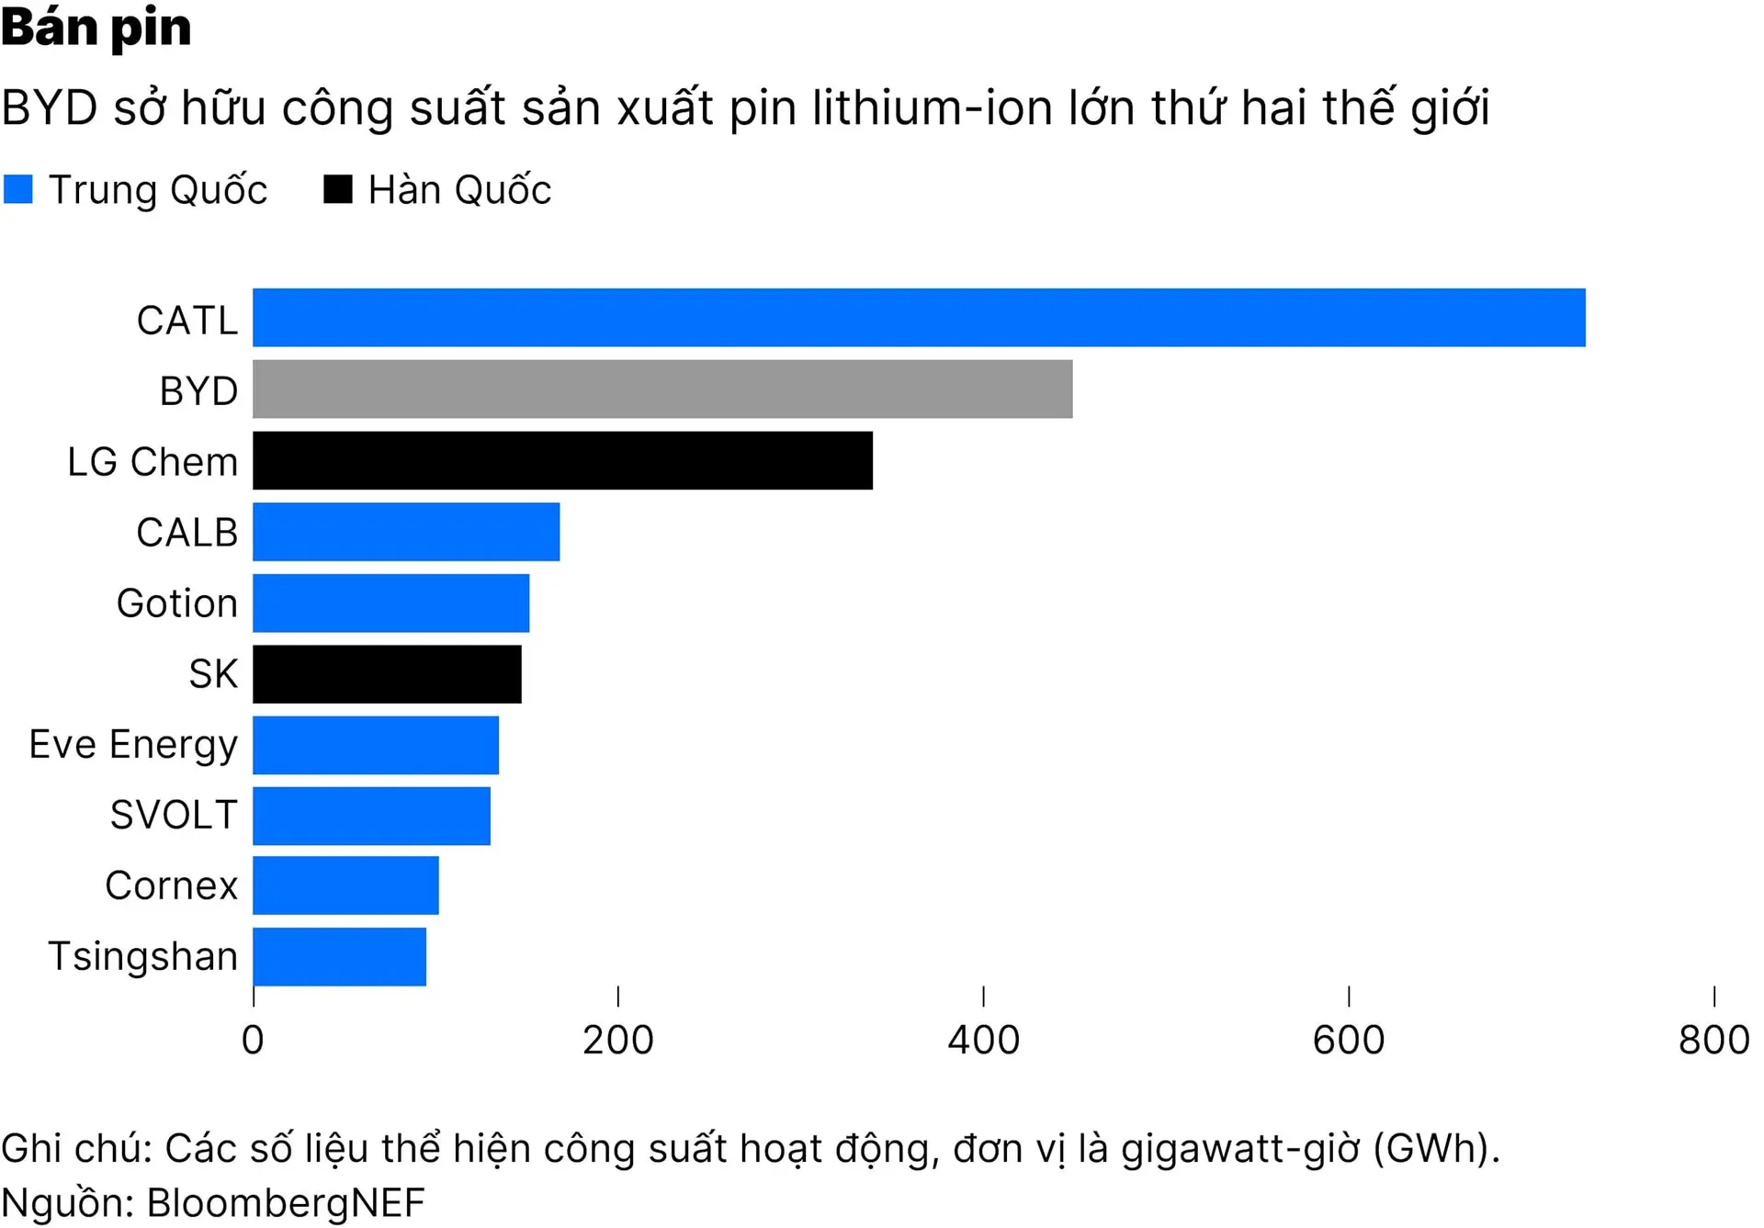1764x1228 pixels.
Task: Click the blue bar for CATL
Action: pyautogui.click(x=919, y=318)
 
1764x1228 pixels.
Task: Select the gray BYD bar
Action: pyautogui.click(x=662, y=389)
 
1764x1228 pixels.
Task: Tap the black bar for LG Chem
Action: pyautogui.click(x=562, y=460)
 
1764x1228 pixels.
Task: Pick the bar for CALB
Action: pyautogui.click(x=406, y=532)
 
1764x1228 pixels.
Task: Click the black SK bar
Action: pyautogui.click(x=387, y=674)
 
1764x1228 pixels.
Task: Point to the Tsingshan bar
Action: pyautogui.click(x=339, y=957)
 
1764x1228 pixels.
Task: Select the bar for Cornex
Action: pyautogui.click(x=345, y=885)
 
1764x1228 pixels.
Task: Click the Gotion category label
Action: pyautogui.click(x=177, y=603)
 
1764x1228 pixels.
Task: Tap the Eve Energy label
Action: pyautogui.click(x=133, y=745)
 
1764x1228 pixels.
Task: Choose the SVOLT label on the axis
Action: pyautogui.click(x=174, y=815)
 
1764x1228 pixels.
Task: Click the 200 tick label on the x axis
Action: pyautogui.click(x=617, y=1041)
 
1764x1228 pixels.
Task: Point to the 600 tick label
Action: pyautogui.click(x=1348, y=1041)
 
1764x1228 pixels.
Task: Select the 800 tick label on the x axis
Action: pyautogui.click(x=1713, y=1041)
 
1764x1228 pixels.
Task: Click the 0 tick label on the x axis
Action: pyautogui.click(x=253, y=1041)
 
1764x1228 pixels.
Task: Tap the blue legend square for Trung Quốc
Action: pyautogui.click(x=18, y=189)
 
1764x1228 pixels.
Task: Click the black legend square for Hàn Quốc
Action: pyautogui.click(x=338, y=189)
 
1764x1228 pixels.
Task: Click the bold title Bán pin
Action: pyautogui.click(x=96, y=28)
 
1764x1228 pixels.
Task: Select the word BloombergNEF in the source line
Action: pyautogui.click(x=286, y=1202)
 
